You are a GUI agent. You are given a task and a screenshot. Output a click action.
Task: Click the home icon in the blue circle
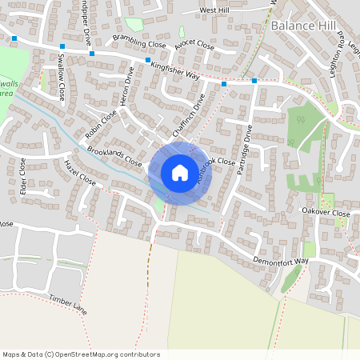180,172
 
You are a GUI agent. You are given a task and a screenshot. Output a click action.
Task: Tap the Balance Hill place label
304,26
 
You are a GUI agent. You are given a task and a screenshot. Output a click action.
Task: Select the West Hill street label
214,10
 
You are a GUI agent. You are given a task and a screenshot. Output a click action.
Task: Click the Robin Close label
102,120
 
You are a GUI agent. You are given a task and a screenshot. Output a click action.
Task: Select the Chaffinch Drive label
190,111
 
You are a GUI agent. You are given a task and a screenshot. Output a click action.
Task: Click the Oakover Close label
325,214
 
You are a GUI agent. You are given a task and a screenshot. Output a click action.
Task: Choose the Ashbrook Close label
217,171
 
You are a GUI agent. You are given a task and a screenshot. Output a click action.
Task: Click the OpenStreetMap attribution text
81,354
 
